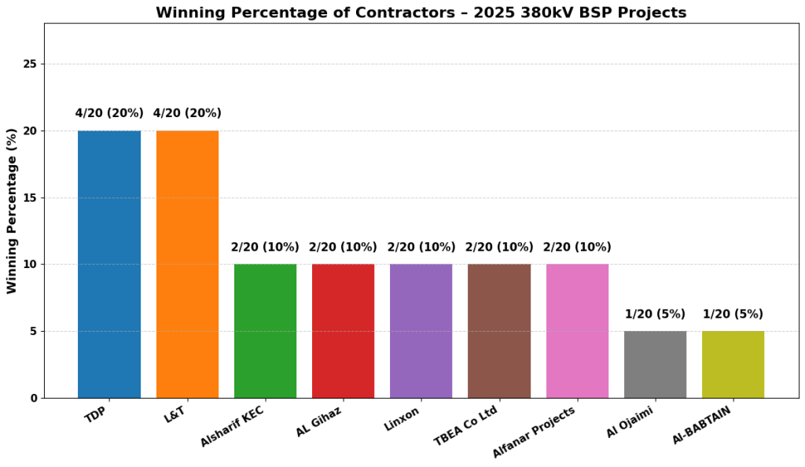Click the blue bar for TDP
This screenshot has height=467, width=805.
tap(109, 264)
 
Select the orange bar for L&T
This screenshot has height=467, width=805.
tap(187, 264)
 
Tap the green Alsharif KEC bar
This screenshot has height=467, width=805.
tap(265, 331)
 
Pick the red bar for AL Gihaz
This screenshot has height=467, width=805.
tap(343, 331)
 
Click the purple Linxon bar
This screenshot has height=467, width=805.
tap(421, 331)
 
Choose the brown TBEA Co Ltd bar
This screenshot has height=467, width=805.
tap(499, 331)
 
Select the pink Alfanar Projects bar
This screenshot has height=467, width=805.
tap(577, 331)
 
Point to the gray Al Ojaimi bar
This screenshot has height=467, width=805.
tap(655, 365)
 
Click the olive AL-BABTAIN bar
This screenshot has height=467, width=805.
tap(733, 365)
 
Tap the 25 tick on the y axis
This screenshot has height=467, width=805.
tap(31, 64)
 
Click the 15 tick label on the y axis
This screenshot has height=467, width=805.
tap(31, 198)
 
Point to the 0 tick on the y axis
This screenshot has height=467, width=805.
tap(35, 399)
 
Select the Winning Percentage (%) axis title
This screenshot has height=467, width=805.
tap(12, 211)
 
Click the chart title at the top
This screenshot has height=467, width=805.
tap(421, 13)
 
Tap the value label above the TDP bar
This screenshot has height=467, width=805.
tap(109, 113)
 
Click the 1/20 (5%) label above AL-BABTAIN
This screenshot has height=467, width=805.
tap(733, 314)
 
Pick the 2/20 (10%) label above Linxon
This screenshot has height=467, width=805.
tap(421, 248)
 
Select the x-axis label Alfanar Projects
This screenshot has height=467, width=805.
tap(535, 432)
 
